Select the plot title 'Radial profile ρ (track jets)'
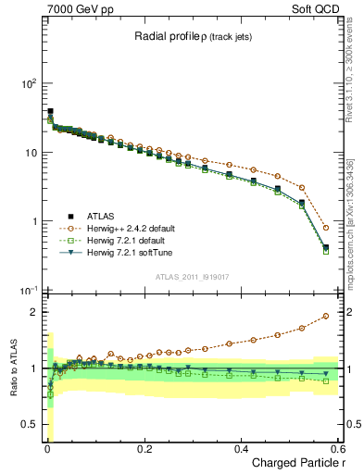[195, 36]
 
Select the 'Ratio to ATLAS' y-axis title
[13, 368]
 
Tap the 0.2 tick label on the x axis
[144, 449]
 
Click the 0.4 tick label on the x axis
[242, 449]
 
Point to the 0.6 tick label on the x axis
[337, 449]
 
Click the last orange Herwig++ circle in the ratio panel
[325, 316]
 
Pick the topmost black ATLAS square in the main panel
[50, 111]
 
